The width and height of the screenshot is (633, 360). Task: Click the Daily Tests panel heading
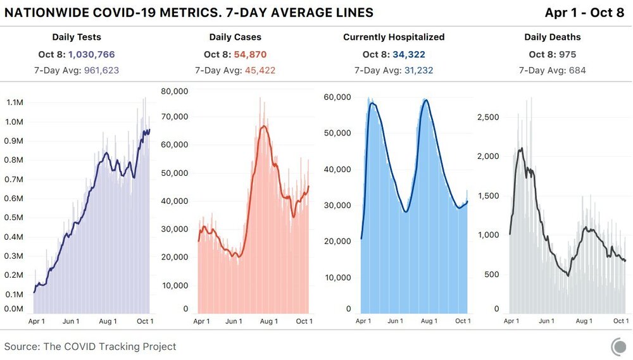click(78, 37)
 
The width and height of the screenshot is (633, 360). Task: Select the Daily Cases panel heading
click(235, 37)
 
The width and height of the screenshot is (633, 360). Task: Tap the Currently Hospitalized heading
click(394, 37)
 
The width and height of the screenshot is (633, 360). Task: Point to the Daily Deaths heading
click(553, 37)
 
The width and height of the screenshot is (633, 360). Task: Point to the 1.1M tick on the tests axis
click(15, 102)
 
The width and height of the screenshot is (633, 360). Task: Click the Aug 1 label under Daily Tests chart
click(108, 321)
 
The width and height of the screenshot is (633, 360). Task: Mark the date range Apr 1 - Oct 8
click(584, 13)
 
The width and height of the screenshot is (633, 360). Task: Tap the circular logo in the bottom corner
click(618, 346)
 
